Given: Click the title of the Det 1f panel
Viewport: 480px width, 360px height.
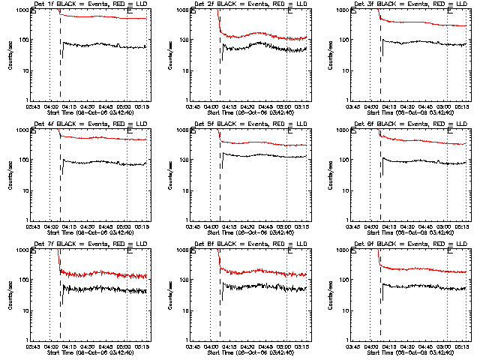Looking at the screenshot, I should tap(89, 4).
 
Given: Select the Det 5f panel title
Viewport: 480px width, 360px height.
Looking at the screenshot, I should tap(249, 124).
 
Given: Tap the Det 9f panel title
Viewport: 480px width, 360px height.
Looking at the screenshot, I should tap(409, 244).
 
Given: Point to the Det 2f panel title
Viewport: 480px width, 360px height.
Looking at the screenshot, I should tap(249, 4).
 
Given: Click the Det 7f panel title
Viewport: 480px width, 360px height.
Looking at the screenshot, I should tap(89, 244).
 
